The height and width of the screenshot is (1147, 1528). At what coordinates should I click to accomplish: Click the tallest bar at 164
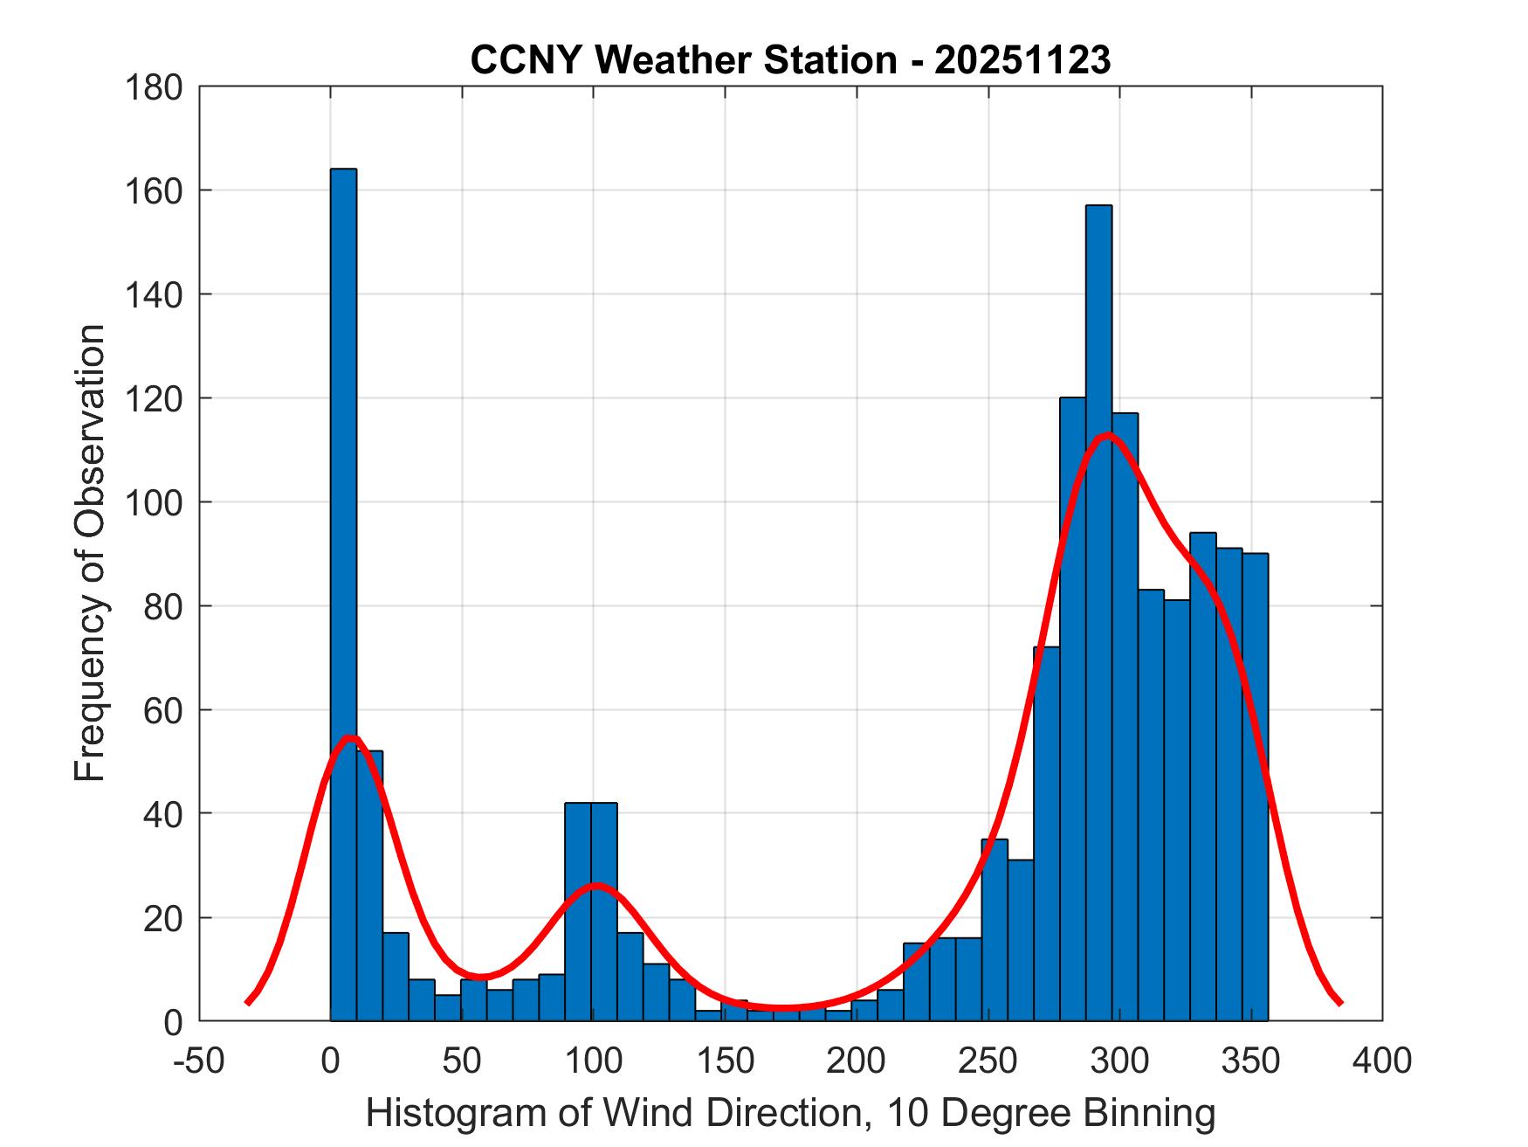(343, 594)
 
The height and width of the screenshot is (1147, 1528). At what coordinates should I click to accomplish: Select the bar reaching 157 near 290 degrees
(1098, 612)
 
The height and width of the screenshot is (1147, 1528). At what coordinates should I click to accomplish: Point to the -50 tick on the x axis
(200, 1061)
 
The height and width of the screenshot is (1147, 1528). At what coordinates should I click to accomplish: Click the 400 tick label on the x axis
(1382, 1061)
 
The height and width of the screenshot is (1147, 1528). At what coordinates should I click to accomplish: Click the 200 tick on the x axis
(857, 1061)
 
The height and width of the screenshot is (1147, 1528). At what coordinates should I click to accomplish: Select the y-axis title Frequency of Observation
(90, 553)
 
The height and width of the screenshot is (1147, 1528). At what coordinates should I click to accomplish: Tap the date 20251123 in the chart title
(1022, 60)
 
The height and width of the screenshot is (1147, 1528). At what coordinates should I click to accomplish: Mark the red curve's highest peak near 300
(1108, 435)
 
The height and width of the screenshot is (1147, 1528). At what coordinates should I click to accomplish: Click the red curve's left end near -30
(248, 1003)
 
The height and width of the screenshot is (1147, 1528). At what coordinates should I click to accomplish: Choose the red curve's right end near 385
(1340, 1003)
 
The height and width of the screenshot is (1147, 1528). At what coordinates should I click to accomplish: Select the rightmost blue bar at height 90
(1255, 786)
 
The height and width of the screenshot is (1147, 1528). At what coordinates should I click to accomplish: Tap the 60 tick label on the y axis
(163, 710)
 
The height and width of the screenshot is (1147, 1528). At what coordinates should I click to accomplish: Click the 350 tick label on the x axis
(1251, 1061)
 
